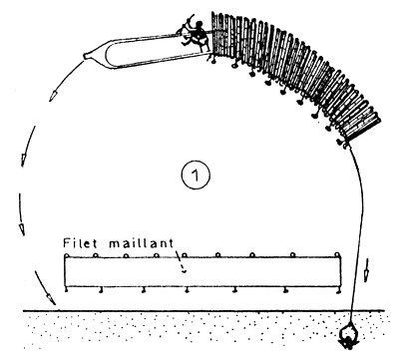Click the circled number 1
pyautogui.click(x=196, y=176)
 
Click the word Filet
pyautogui.click(x=80, y=242)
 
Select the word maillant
pyautogui.click(x=142, y=243)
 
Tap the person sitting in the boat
pyautogui.click(x=197, y=34)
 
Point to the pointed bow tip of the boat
pyautogui.click(x=84, y=57)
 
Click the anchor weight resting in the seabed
pyautogui.click(x=348, y=337)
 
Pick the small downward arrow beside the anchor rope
pyautogui.click(x=366, y=269)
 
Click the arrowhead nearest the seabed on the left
pyautogui.click(x=51, y=298)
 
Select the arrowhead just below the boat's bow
pyautogui.click(x=52, y=96)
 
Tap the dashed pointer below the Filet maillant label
pyautogui.click(x=181, y=262)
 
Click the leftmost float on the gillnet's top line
pyautogui.click(x=66, y=255)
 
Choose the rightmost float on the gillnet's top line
pyautogui.click(x=338, y=255)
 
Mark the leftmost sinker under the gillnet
pyautogui.click(x=67, y=290)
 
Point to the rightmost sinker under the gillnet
pyautogui.click(x=338, y=291)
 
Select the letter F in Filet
pyautogui.click(x=67, y=243)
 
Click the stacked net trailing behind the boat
pyautogui.click(x=296, y=72)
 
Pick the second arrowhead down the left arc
pyautogui.click(x=24, y=160)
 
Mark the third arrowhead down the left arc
pyautogui.click(x=22, y=229)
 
